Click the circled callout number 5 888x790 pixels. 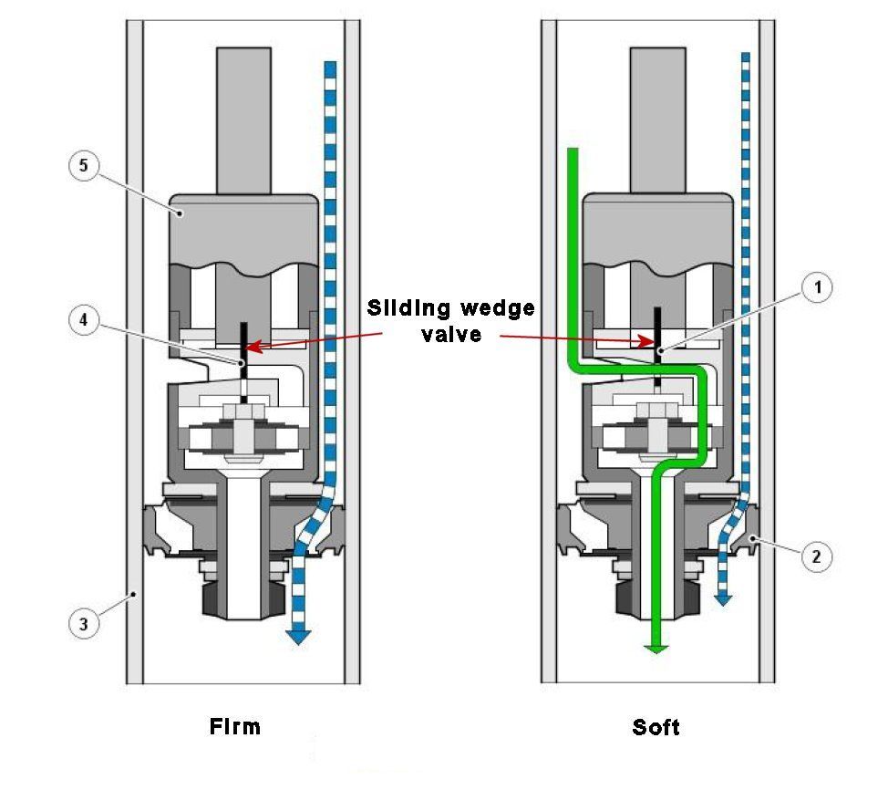[84, 165]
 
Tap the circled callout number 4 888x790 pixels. [84, 320]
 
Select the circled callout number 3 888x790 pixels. [84, 624]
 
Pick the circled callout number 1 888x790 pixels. [817, 287]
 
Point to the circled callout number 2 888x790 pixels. [817, 556]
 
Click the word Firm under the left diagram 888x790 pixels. [235, 726]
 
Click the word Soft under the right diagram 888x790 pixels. [656, 727]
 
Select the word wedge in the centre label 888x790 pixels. [497, 308]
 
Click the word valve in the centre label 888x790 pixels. [451, 335]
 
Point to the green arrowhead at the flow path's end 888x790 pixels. [656, 650]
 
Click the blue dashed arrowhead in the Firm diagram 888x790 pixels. [298, 637]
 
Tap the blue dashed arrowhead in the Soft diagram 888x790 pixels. [723, 599]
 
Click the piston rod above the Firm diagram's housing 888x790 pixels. [243, 120]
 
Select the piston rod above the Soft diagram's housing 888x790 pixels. [658, 120]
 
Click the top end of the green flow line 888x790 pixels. [573, 150]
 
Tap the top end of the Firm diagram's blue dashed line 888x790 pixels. [330, 63]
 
